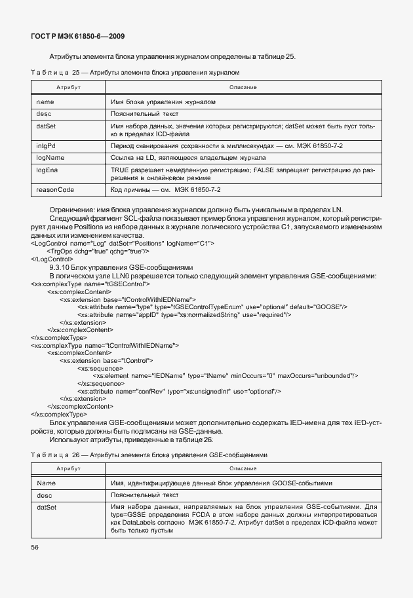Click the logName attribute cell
click(x=50, y=158)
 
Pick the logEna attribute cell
click(x=47, y=170)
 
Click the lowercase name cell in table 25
click(x=45, y=102)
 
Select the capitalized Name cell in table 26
click(x=46, y=483)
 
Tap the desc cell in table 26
click(x=44, y=495)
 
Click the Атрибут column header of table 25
click(x=68, y=87)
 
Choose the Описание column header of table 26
click(x=243, y=468)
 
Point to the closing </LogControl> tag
click(x=52, y=259)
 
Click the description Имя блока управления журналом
click(x=163, y=102)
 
